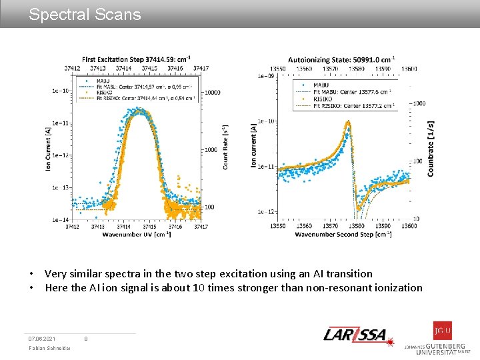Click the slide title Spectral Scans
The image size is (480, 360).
[x=85, y=15]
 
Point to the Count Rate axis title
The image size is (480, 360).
[x=226, y=147]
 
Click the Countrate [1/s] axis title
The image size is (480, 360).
[x=431, y=148]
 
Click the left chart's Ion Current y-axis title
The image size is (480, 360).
[x=49, y=147]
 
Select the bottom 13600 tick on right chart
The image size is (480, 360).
[x=409, y=226]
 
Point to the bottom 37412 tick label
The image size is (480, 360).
[x=72, y=227]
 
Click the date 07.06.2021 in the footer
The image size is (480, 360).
[x=42, y=339]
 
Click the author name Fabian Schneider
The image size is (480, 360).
[x=47, y=350]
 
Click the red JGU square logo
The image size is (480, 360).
[x=442, y=331]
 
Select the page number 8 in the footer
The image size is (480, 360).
[x=86, y=339]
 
